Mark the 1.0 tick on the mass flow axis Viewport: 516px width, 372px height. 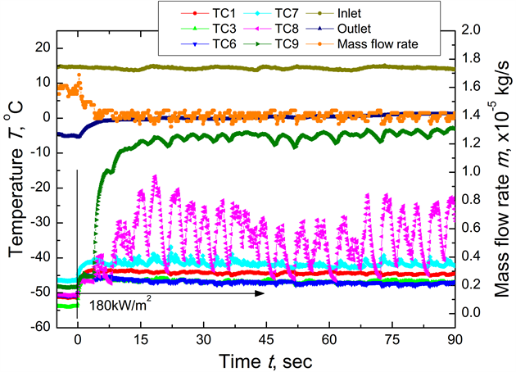[476, 171]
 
